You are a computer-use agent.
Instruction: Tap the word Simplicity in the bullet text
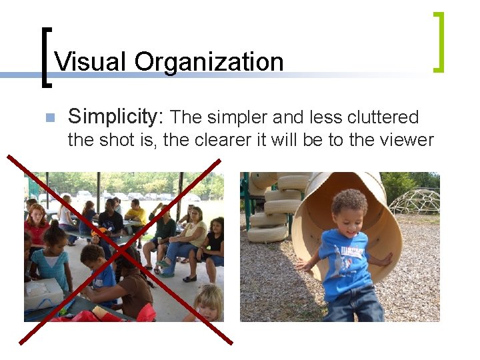click(115, 117)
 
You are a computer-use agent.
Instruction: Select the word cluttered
click(383, 118)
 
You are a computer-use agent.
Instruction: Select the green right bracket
click(437, 41)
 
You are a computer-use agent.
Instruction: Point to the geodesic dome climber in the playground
click(414, 201)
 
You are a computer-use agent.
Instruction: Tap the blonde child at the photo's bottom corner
click(209, 305)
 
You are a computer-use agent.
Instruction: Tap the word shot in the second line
click(113, 140)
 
